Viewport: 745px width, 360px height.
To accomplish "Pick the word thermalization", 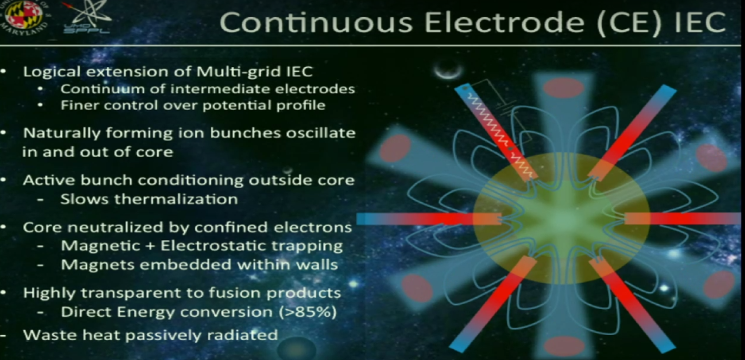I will [176, 199].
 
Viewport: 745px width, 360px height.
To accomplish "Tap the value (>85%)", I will [308, 312].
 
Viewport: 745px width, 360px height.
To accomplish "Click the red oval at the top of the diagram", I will [564, 88].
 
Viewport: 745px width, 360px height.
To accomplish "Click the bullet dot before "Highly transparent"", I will [4, 293].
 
